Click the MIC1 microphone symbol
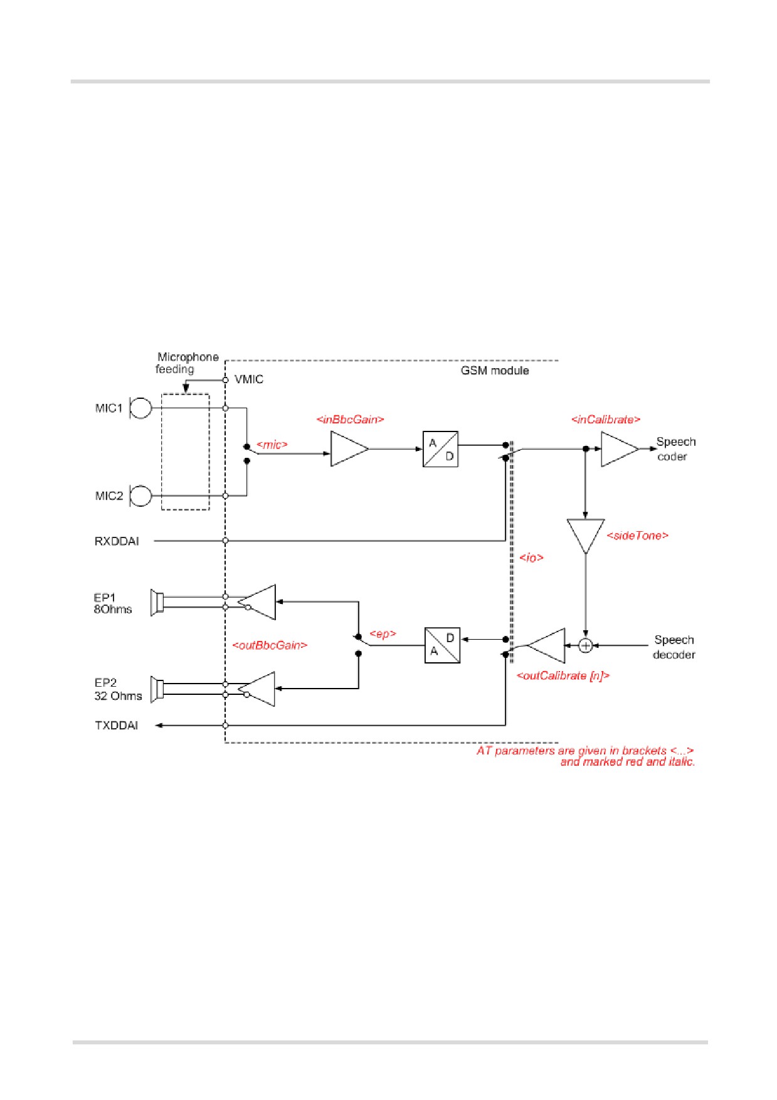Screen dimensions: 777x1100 point(140,408)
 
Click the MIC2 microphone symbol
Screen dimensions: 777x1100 point(140,495)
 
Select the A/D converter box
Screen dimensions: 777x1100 point(440,449)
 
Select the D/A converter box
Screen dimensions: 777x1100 point(442,645)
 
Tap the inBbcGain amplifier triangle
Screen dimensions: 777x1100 point(349,449)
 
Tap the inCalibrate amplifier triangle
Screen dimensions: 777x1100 point(620,449)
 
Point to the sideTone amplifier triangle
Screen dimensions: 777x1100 point(585,535)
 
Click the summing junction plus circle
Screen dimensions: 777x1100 point(585,645)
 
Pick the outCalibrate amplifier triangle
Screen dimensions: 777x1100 point(546,645)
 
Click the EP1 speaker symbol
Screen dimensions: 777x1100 point(157,602)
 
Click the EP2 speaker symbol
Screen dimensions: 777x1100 point(157,689)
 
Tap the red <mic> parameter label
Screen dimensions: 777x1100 point(272,445)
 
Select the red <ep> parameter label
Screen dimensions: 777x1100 point(383,634)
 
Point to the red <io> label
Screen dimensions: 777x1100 point(531,558)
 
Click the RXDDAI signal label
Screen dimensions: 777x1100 point(117,541)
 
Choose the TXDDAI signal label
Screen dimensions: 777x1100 point(116,726)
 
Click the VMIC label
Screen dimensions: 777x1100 point(249,379)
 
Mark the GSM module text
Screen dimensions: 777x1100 point(495,371)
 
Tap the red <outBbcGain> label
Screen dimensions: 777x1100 point(270,645)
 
